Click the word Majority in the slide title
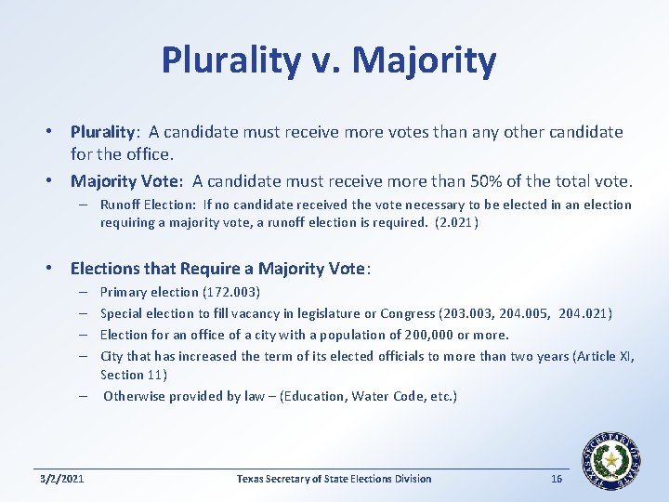pyautogui.click(x=426, y=60)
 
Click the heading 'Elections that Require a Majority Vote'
pyautogui.click(x=220, y=269)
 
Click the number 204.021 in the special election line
pyautogui.click(x=585, y=313)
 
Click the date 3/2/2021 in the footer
pyautogui.click(x=62, y=479)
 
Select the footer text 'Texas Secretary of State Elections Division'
pyautogui.click(x=334, y=479)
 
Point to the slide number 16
pyautogui.click(x=557, y=479)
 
